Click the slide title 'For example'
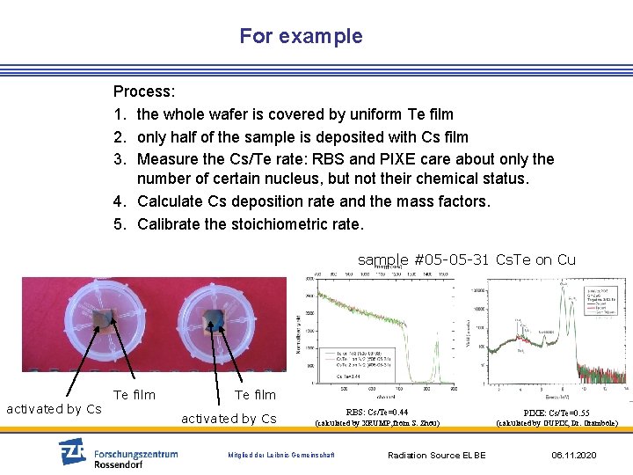tap(301, 36)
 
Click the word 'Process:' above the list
tap(144, 91)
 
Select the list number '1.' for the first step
tap(120, 114)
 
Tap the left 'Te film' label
tap(134, 395)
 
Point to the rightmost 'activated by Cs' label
tap(229, 418)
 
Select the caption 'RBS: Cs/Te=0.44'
tap(376, 412)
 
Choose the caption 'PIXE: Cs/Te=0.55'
tap(557, 412)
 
